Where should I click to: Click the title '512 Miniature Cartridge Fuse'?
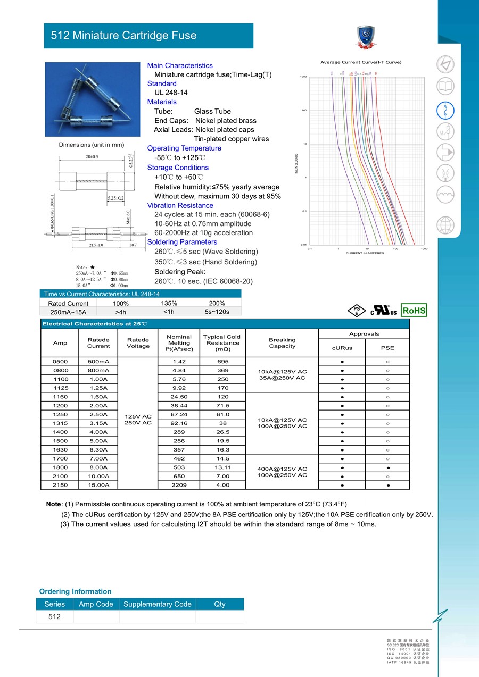[x=123, y=36]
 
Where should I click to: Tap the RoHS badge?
[x=414, y=310]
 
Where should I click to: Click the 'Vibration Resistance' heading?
[x=180, y=205]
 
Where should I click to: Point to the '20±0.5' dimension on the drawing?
[x=92, y=157]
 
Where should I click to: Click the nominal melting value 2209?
[x=179, y=485]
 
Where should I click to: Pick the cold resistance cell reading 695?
[x=222, y=362]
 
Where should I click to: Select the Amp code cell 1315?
[x=60, y=423]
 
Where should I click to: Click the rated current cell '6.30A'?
[x=98, y=450]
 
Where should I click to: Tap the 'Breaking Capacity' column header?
[x=282, y=343]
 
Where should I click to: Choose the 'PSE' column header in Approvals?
[x=387, y=348]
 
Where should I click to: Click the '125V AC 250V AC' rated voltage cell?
[x=138, y=419]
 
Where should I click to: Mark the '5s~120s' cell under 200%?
[x=217, y=312]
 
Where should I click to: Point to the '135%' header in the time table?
[x=169, y=303]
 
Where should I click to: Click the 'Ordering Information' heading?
[x=76, y=591]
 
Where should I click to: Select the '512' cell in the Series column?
[x=54, y=616]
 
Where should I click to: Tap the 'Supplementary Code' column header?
[x=157, y=604]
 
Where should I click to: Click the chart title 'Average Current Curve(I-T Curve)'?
[x=361, y=62]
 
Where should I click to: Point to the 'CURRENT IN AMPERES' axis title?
[x=365, y=253]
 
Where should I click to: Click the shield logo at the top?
[x=366, y=36]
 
